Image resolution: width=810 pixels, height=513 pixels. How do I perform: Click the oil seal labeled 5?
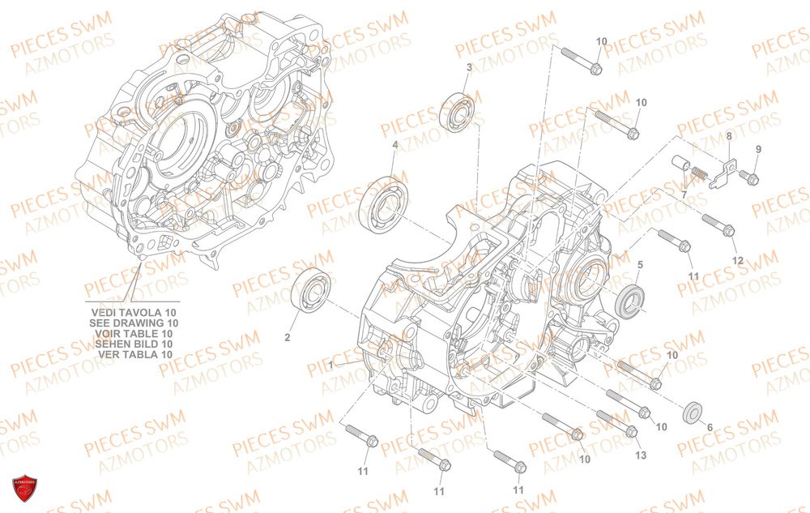[x=630, y=302]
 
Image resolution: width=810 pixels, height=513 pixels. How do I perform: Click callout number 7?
[x=684, y=195]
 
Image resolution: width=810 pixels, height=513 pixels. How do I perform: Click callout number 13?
[x=641, y=455]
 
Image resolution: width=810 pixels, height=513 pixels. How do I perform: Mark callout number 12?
[x=737, y=259]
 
